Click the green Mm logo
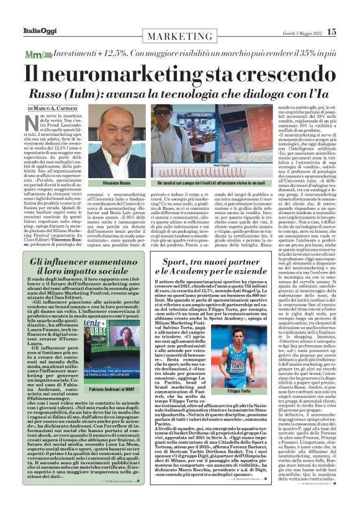pos(34,55)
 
